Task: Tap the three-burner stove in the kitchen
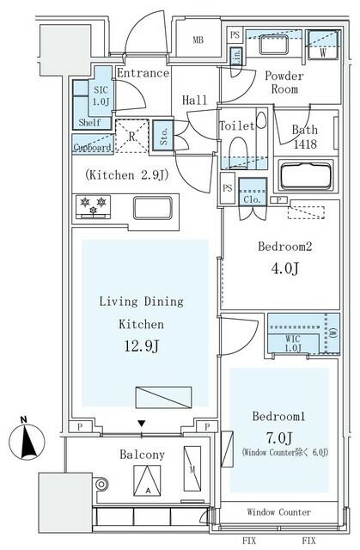tap(93, 207)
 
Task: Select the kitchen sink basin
tap(153, 208)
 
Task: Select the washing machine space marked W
tap(323, 45)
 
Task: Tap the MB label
tap(198, 40)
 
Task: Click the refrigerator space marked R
tap(131, 136)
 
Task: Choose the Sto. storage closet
tap(164, 136)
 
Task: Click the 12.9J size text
tap(142, 346)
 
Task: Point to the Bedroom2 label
tap(284, 247)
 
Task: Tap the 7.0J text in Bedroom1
tap(279, 437)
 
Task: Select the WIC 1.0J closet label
tap(293, 344)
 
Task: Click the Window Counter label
tap(278, 512)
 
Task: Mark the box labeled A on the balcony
tap(147, 480)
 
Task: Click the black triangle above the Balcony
tap(141, 424)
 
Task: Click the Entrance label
tap(143, 73)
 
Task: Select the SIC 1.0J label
tap(101, 95)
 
